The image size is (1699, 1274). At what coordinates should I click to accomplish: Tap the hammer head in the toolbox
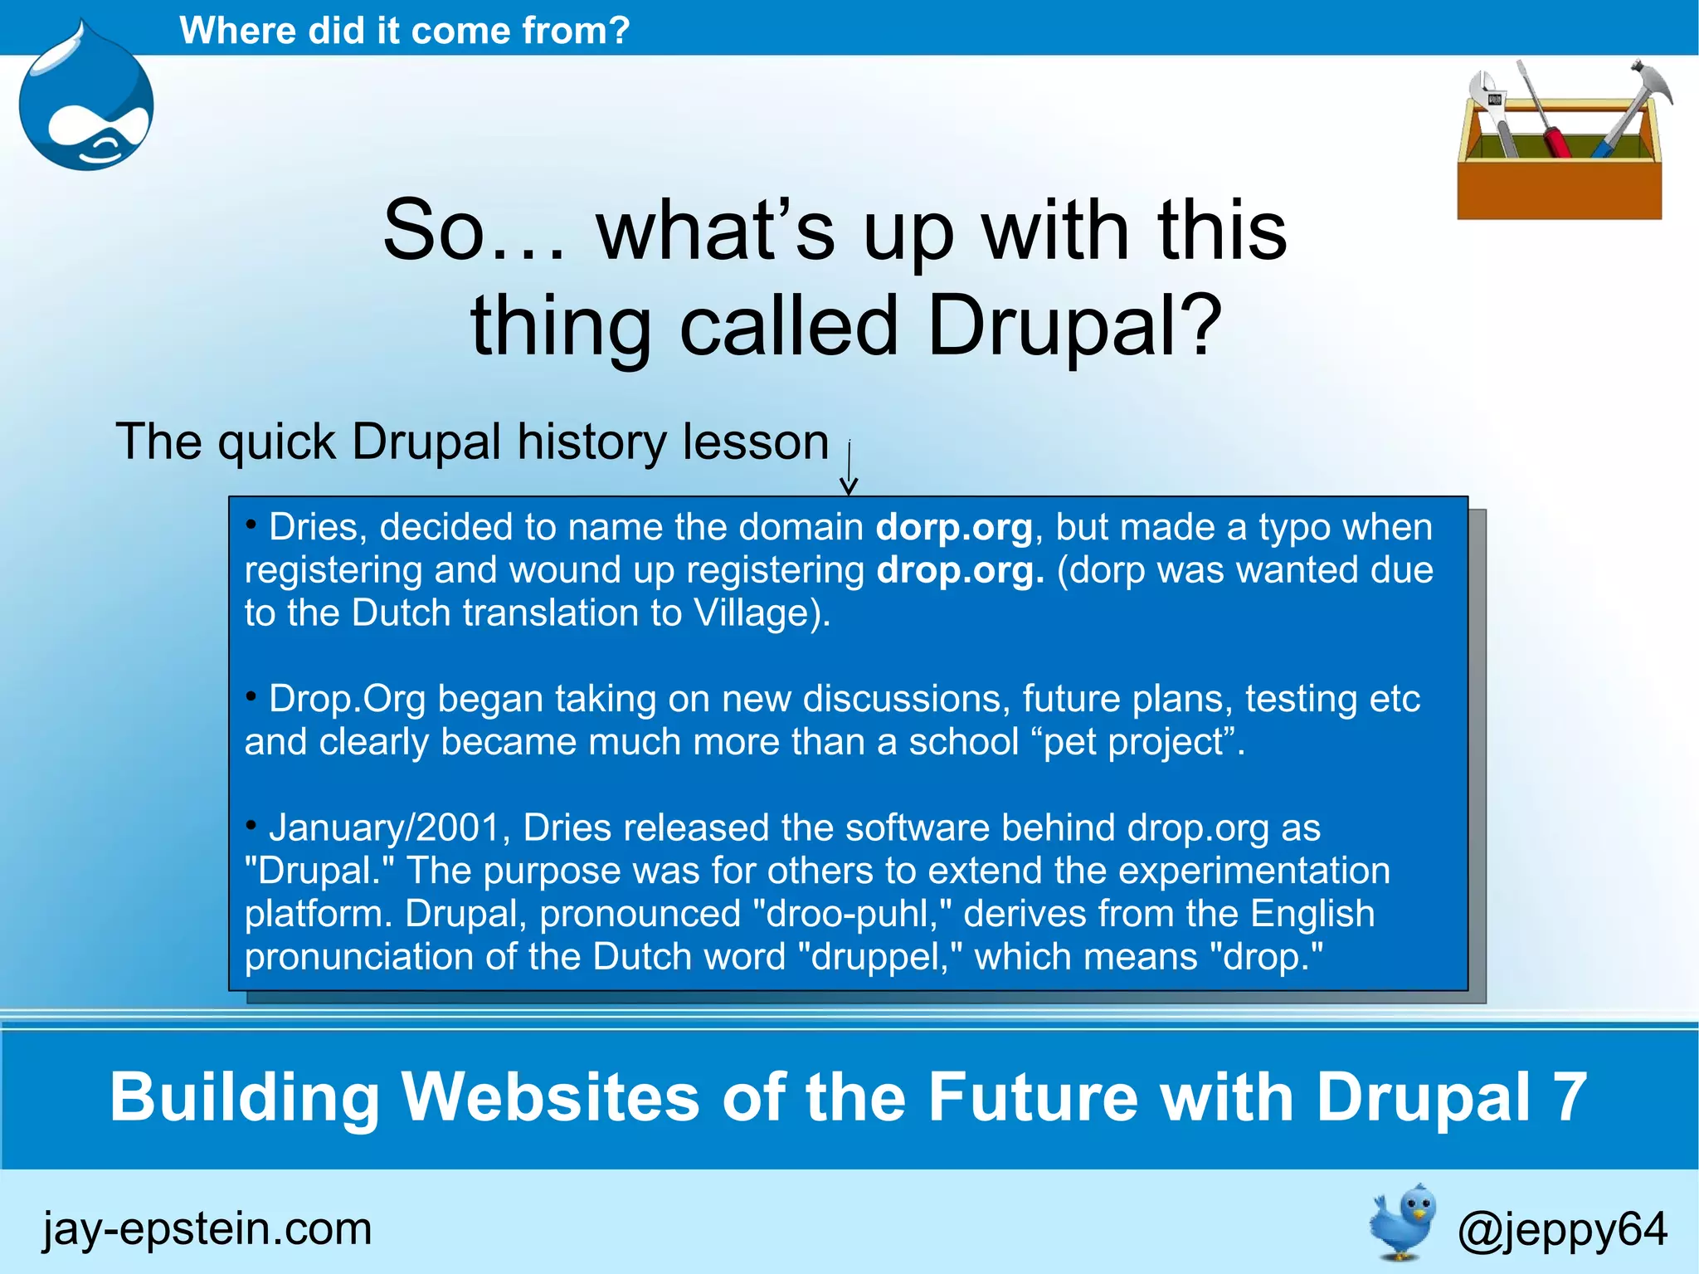[1647, 83]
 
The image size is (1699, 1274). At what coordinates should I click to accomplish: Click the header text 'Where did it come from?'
[405, 31]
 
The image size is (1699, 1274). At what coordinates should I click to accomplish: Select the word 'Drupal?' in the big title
[1074, 326]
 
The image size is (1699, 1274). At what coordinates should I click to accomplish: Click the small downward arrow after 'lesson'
[849, 469]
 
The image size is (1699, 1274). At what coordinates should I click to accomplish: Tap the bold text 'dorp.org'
[954, 527]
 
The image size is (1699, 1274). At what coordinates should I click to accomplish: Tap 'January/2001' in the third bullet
[385, 827]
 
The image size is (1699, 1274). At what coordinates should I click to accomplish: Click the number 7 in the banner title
[1570, 1097]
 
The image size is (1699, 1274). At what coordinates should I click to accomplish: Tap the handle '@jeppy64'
[1562, 1229]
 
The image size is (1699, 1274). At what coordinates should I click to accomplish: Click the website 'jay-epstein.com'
[207, 1229]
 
